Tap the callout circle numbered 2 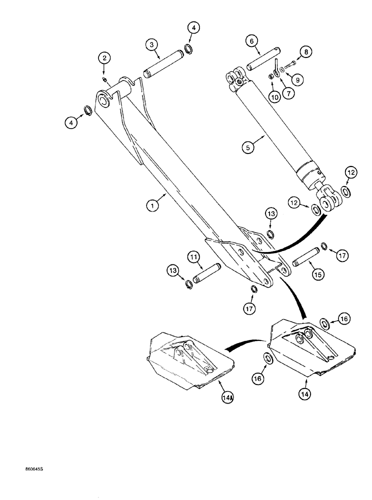pos(104,58)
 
